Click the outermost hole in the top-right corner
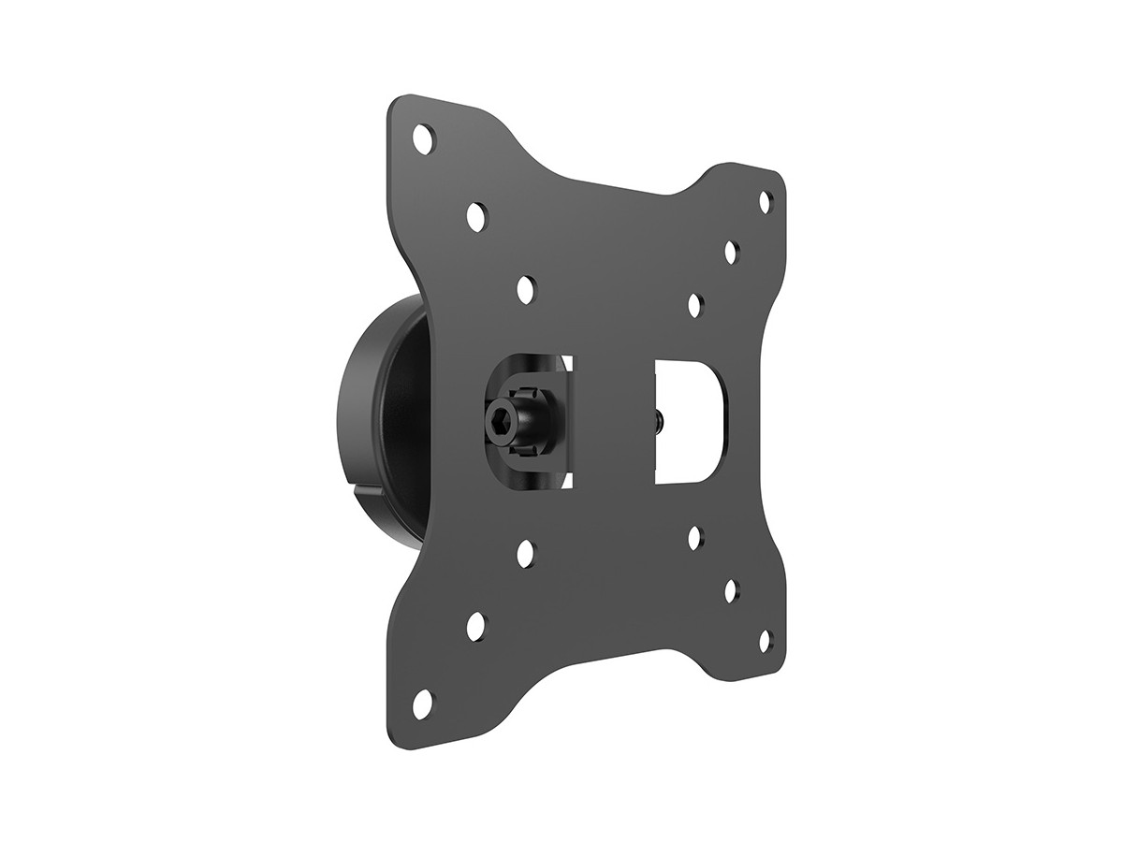(x=765, y=200)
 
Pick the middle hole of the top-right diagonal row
(x=730, y=253)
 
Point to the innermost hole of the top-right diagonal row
(x=695, y=305)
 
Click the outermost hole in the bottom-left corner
(x=423, y=700)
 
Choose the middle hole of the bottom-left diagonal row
(x=475, y=624)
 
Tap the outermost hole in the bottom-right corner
(x=765, y=640)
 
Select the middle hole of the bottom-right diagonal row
(x=731, y=589)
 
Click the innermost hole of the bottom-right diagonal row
(x=695, y=538)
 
